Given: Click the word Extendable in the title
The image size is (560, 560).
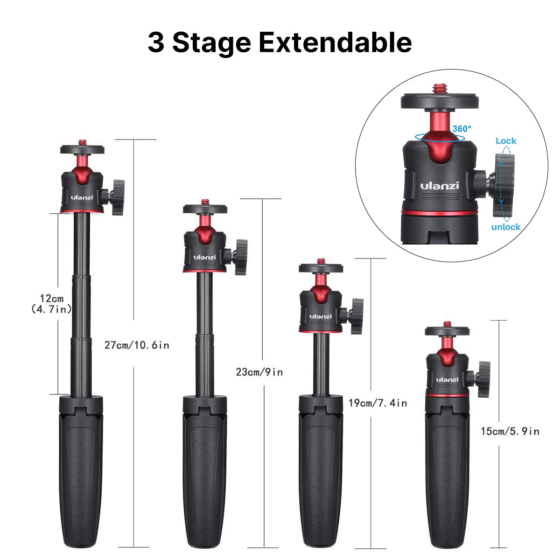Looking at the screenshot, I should [335, 42].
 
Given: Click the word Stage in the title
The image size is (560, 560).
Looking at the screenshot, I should [211, 42].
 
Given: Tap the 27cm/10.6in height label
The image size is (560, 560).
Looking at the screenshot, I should [137, 345].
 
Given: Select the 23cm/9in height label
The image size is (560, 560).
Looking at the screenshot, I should [259, 372].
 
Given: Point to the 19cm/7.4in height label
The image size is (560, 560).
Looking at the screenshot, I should [378, 403].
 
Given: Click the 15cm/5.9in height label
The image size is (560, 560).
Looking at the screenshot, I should [510, 431].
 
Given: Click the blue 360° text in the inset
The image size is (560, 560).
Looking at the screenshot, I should [462, 128].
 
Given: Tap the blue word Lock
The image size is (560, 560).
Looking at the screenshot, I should [506, 140].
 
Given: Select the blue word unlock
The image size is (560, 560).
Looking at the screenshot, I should [506, 227].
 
